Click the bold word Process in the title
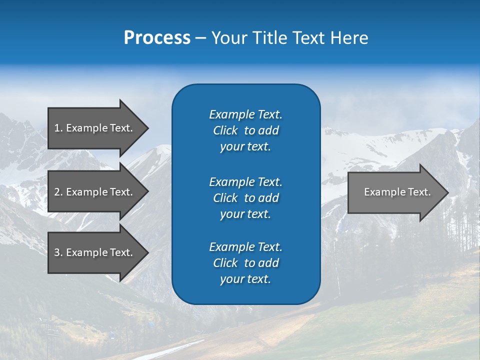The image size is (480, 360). point(157,38)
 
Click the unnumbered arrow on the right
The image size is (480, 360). point(395,192)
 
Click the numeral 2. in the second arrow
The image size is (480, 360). point(58,192)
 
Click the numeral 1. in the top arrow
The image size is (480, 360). point(58,128)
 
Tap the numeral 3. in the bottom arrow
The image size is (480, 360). point(58,252)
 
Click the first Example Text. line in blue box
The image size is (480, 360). point(245,114)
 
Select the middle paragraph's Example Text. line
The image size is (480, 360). point(245,181)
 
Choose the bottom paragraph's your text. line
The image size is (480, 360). point(245,279)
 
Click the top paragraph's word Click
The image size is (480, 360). point(225,130)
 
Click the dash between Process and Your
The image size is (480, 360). point(200,38)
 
